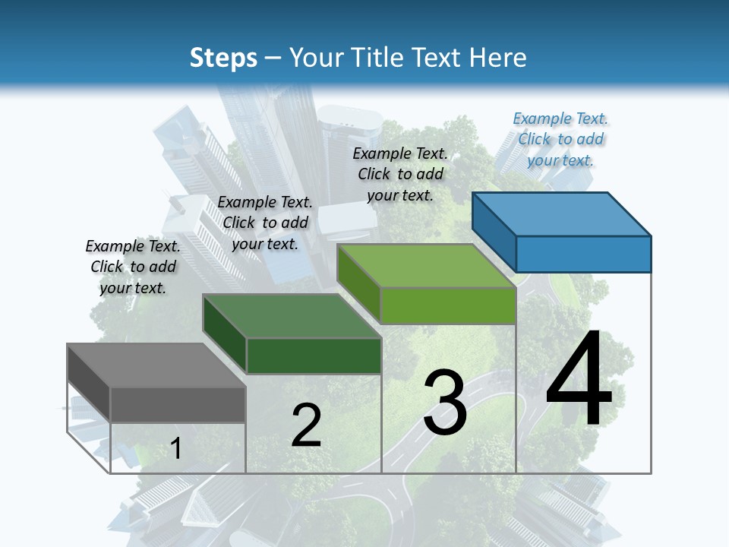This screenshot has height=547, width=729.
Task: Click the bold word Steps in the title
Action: point(223,58)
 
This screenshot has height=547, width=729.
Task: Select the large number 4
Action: point(579,380)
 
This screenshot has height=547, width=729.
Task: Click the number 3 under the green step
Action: point(444,403)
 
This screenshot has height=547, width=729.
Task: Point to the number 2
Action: point(306,425)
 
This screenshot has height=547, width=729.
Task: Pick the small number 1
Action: point(175,448)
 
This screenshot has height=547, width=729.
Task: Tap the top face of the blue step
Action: point(562,213)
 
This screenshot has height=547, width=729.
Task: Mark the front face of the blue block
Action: point(583,254)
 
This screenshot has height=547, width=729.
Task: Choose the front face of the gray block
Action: point(178,404)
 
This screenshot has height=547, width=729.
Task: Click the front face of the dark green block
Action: point(314,356)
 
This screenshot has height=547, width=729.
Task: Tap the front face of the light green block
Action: point(448,305)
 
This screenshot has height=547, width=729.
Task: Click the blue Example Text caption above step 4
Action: point(560,139)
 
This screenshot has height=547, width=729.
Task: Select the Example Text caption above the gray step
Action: point(133,267)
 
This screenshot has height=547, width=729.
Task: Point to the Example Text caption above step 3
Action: point(400,174)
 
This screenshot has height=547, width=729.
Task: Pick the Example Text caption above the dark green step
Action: point(265,223)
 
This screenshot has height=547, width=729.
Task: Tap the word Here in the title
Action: point(499,58)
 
